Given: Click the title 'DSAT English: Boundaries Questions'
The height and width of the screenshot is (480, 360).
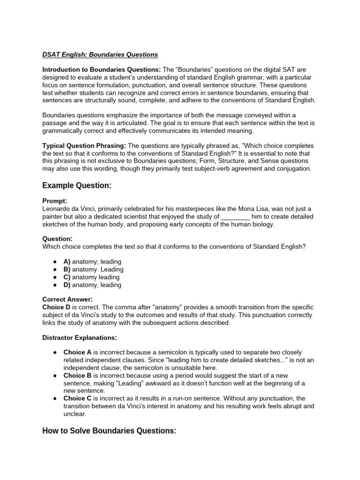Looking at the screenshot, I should pos(100,55).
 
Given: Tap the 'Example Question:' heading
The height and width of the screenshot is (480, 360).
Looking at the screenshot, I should pos(77,186).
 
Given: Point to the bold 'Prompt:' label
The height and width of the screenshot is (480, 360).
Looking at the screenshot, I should pos(55,201).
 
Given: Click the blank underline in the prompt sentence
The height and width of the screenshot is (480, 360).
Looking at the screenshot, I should pos(235,217).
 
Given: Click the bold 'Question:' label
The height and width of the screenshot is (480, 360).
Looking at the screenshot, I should pos(57,239).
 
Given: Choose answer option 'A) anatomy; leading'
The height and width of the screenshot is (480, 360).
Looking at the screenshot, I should pos(92,262).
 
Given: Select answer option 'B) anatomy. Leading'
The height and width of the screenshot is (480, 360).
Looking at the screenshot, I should pos(93,270).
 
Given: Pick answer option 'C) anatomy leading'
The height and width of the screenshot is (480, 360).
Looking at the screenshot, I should pos(91,277).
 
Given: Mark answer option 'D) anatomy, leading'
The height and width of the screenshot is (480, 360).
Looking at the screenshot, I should pos(92,285).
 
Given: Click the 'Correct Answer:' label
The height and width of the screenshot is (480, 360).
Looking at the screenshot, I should pos(67,299).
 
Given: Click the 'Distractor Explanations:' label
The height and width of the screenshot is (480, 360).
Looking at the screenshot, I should pos(79,337).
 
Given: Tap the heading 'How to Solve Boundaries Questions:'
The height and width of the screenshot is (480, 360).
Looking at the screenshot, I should pos(109,431).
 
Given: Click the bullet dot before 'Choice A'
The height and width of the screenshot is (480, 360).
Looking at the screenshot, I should pos(55,352).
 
